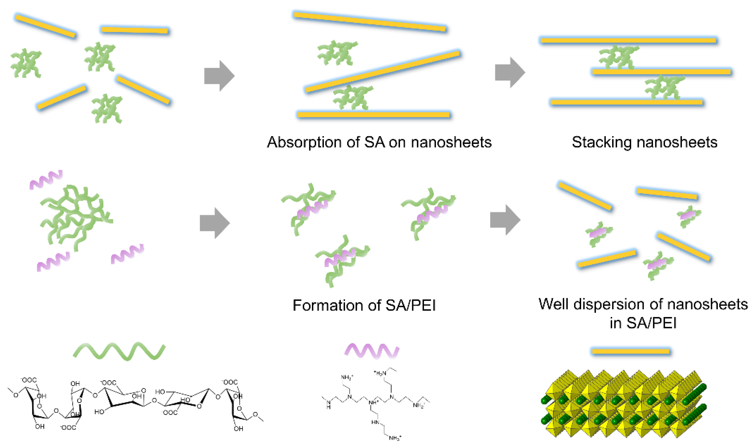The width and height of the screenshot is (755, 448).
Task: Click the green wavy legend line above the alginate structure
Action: point(119,351)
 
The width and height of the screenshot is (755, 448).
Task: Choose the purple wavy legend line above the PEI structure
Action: point(372,351)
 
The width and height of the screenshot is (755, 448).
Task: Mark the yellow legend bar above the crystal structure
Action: point(630,351)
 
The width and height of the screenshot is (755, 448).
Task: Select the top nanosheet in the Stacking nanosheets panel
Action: point(628,41)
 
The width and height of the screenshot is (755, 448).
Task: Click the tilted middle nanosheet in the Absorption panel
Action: point(382,72)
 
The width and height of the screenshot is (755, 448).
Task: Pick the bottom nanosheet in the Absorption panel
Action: point(374,114)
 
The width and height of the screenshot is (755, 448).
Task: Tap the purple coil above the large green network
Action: point(46,179)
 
